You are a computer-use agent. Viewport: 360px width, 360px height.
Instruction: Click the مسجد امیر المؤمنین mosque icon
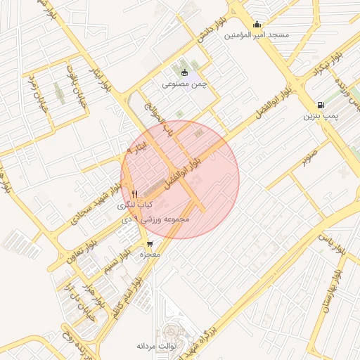coord(257,24)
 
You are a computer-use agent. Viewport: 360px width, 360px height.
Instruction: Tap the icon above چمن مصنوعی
coord(185,72)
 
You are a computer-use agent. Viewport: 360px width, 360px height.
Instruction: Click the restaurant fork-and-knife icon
coord(134,193)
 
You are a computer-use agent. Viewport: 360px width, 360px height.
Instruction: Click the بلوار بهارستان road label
coord(323,300)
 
